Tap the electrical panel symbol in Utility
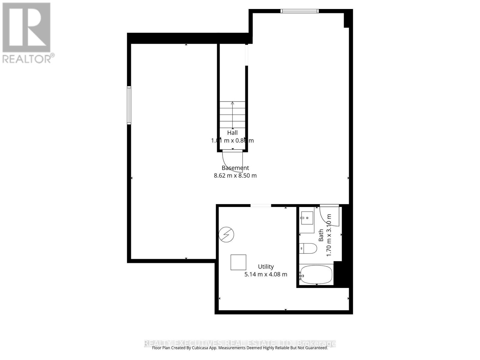pos(226,234)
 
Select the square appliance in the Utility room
pos(238,262)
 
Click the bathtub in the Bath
pos(316,274)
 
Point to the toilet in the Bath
pos(308,248)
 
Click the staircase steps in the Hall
pos(232,115)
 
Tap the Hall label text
pos(232,133)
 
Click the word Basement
pos(235,168)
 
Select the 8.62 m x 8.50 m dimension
pos(235,175)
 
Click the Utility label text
pos(266,267)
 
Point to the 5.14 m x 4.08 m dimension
pos(266,274)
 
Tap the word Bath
pos(321,235)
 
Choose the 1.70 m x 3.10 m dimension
pos(329,235)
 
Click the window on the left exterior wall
pos(129,105)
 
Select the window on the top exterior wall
pos(299,11)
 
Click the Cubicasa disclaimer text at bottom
pos(240,348)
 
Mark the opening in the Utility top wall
pos(261,205)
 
